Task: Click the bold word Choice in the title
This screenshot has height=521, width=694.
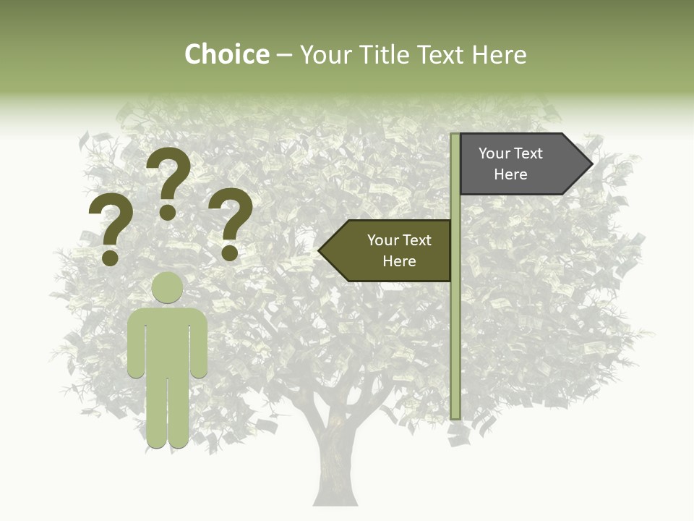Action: (226, 54)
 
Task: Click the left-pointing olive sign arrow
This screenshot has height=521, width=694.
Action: (386, 250)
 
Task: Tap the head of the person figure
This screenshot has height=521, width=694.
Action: (167, 287)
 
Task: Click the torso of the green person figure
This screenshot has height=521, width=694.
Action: (167, 340)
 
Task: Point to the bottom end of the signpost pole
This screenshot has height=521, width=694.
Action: (455, 415)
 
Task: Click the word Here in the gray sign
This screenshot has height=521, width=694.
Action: (510, 174)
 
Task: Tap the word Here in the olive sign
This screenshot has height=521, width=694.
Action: (399, 261)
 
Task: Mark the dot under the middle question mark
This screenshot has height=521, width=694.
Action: (168, 212)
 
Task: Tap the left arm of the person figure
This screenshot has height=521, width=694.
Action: (136, 344)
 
